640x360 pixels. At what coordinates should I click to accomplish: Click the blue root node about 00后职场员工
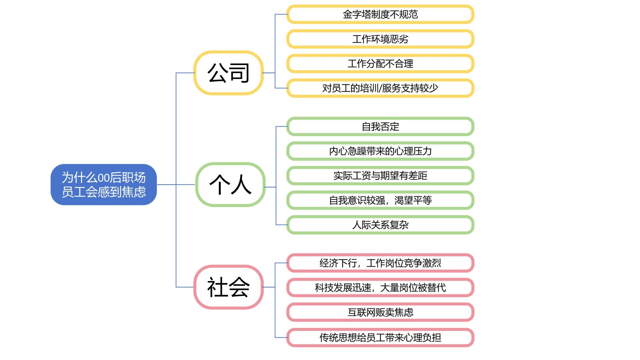(x=104, y=184)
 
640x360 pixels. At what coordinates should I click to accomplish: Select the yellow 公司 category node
(x=229, y=73)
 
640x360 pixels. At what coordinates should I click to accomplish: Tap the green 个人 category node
(x=230, y=184)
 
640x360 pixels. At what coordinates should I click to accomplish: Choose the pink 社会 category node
(x=229, y=287)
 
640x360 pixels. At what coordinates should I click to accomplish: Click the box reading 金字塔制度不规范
(x=380, y=14)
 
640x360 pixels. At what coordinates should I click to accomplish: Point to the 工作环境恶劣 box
(x=380, y=39)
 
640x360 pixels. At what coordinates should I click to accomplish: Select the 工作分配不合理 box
(x=380, y=64)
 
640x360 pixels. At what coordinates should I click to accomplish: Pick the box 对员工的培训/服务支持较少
(x=380, y=88)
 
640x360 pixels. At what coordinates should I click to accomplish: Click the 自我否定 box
(x=380, y=127)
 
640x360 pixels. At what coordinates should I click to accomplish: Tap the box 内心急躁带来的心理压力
(x=380, y=151)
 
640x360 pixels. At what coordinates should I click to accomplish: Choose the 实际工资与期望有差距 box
(x=380, y=176)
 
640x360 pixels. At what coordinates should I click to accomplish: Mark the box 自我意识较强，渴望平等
(x=380, y=200)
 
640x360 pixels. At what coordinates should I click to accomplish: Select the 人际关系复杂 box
(x=380, y=225)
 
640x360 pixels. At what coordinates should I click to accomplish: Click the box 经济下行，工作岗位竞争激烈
(x=380, y=263)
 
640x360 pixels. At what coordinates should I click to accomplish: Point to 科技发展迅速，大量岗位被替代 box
(x=380, y=287)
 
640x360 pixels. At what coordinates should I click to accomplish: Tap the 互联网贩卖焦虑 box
(x=380, y=312)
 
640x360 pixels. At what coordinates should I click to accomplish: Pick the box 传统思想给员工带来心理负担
(x=380, y=338)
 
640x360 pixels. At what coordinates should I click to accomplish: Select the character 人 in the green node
(x=241, y=185)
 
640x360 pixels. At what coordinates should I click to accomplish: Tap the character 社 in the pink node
(x=217, y=287)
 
